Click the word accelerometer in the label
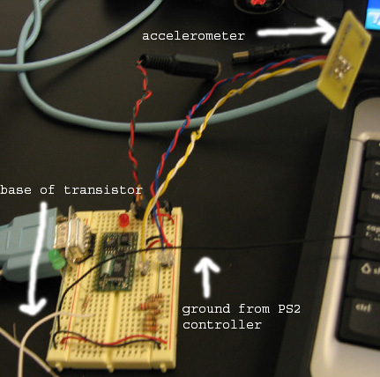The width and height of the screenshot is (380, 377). (193, 36)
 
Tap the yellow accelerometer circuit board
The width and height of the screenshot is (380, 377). (344, 59)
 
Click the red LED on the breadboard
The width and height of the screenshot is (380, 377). (124, 220)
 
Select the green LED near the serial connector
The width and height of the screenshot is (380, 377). (57, 260)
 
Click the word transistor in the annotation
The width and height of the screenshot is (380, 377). (103, 190)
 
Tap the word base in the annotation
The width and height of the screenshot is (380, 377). (16, 190)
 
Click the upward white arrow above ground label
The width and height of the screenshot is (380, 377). (207, 276)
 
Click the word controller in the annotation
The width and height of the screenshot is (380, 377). (222, 325)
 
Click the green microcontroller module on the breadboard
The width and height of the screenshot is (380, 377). (116, 262)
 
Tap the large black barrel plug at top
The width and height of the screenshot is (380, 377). (179, 66)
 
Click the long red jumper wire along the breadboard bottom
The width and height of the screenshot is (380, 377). (113, 341)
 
